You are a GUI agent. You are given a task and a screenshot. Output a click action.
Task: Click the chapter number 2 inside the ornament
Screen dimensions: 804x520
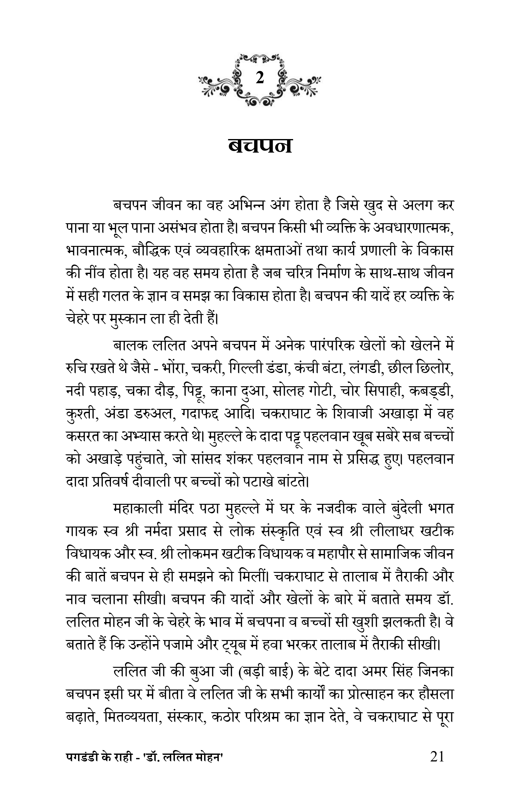point(260,79)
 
